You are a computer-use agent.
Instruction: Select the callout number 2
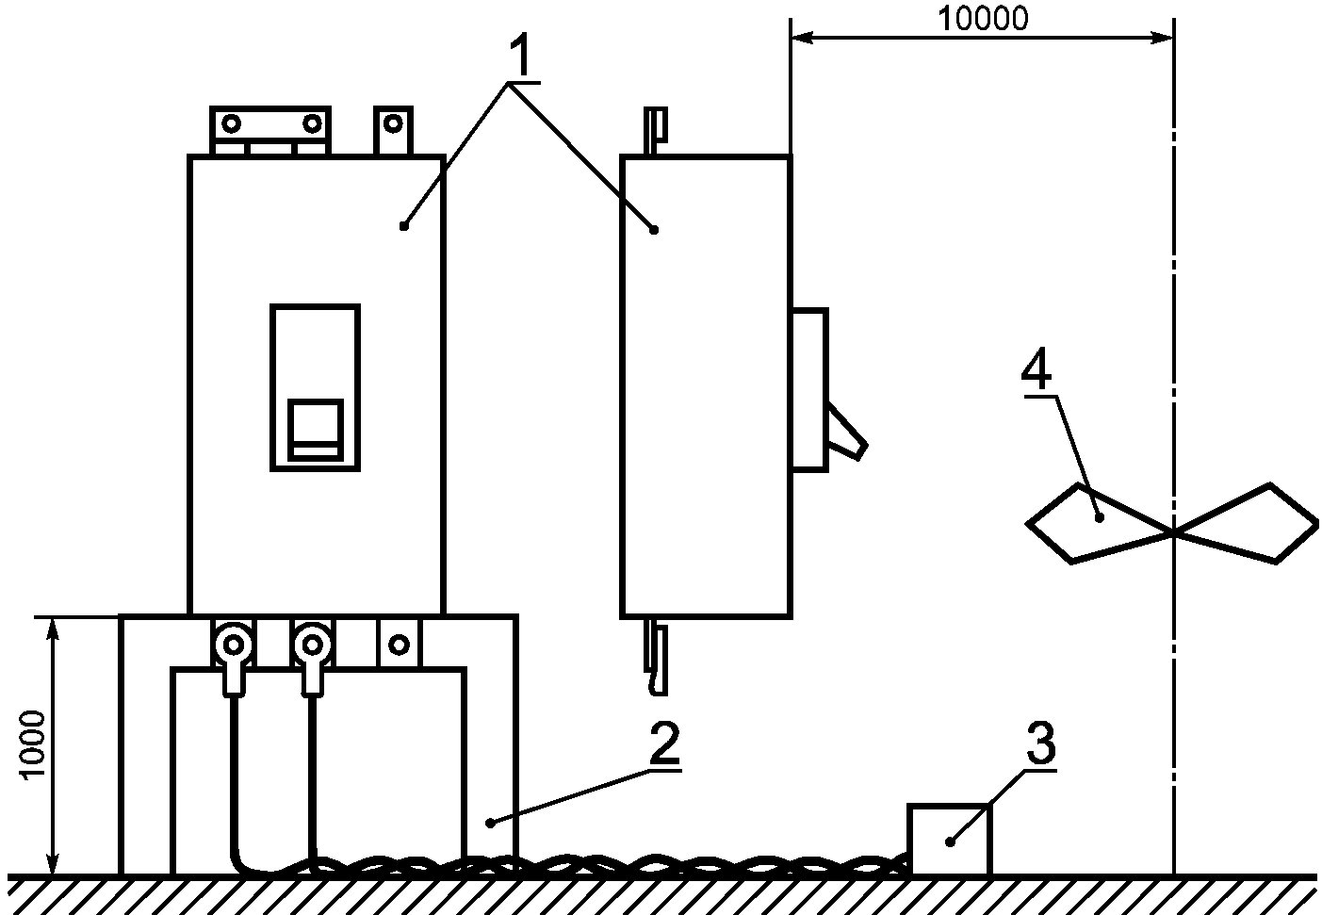click(661, 743)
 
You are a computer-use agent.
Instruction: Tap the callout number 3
click(1039, 743)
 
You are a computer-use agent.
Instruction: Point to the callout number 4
click(1036, 372)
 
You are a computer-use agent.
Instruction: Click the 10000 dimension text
click(984, 18)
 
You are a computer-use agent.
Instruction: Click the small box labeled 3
click(948, 839)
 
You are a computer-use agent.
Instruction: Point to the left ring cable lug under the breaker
click(232, 646)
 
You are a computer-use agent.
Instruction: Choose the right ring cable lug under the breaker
click(310, 646)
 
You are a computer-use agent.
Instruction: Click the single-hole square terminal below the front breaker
click(399, 644)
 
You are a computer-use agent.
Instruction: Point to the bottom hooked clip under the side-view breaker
click(657, 660)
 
